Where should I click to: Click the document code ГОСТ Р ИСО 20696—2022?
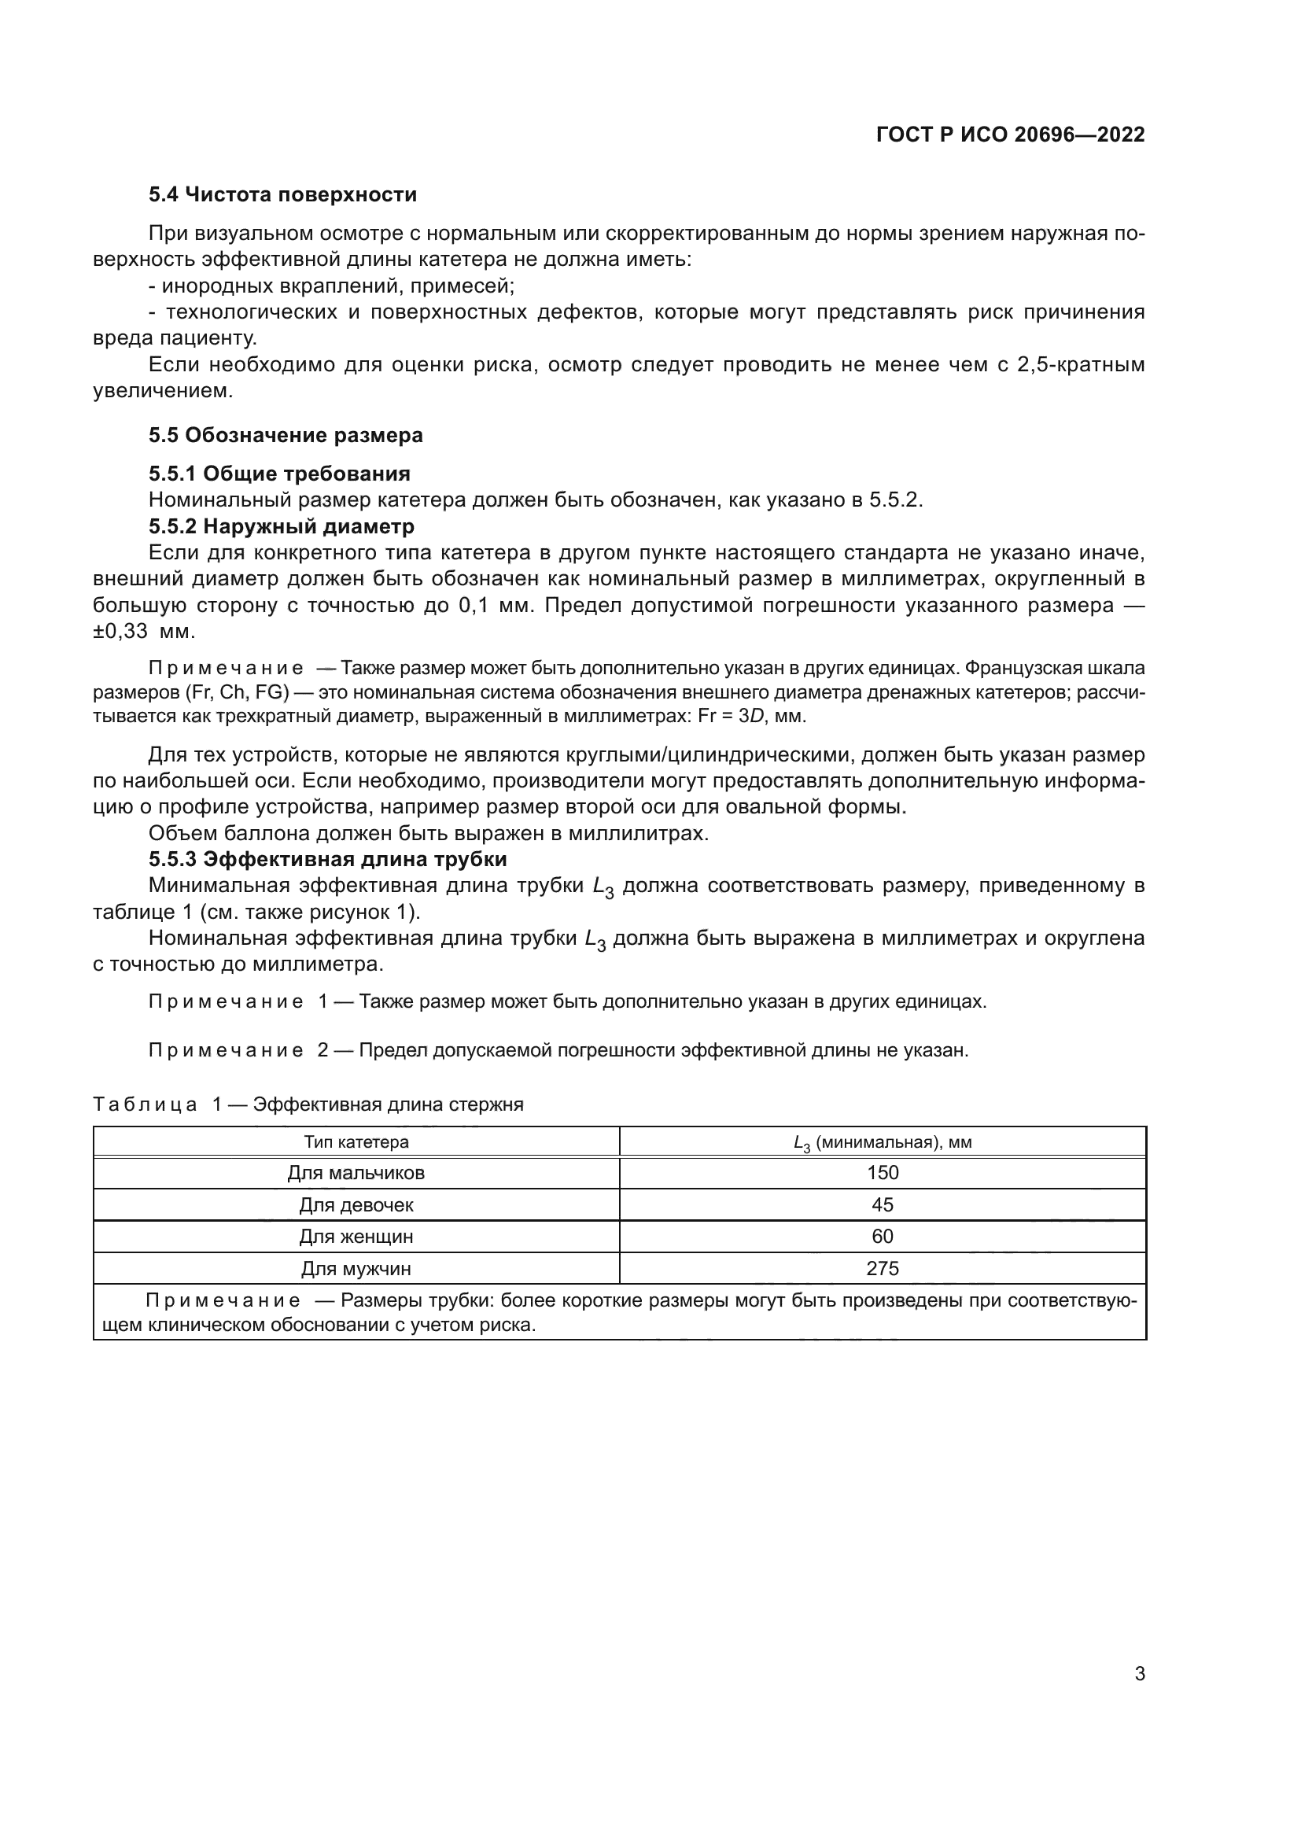[x=1010, y=135]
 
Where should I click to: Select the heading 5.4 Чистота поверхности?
[x=282, y=195]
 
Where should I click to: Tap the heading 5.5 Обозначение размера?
[x=286, y=435]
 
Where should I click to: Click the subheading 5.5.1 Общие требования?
[x=278, y=474]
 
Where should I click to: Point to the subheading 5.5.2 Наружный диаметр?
[x=281, y=526]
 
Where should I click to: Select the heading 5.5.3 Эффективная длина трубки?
[x=328, y=859]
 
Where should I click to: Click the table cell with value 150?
[x=882, y=1173]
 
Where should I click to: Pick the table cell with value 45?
[x=882, y=1204]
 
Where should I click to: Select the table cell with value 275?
[x=882, y=1269]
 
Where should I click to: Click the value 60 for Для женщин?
[x=882, y=1237]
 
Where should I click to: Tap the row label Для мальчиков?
[x=356, y=1173]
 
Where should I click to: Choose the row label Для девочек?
[x=356, y=1204]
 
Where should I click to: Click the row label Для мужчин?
[x=356, y=1269]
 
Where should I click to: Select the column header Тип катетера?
[x=356, y=1142]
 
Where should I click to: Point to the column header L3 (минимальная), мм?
[x=882, y=1143]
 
